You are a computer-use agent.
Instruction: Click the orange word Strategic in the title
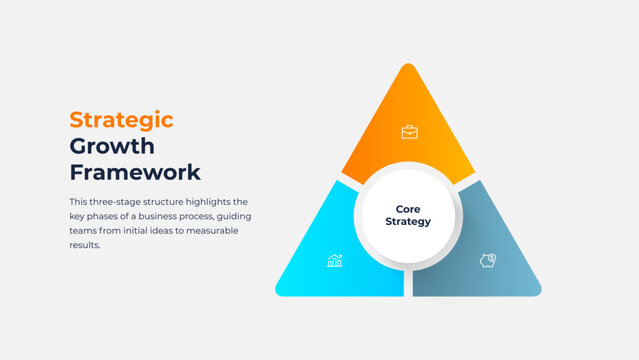121,120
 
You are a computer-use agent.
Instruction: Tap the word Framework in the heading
134,172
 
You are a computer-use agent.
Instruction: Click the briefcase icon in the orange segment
409,131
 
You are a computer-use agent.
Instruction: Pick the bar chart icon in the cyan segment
335,261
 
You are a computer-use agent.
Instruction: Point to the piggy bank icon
488,260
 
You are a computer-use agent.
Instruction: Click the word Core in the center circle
408,209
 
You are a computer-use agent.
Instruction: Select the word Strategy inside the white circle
408,222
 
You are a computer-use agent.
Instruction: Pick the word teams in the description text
83,230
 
